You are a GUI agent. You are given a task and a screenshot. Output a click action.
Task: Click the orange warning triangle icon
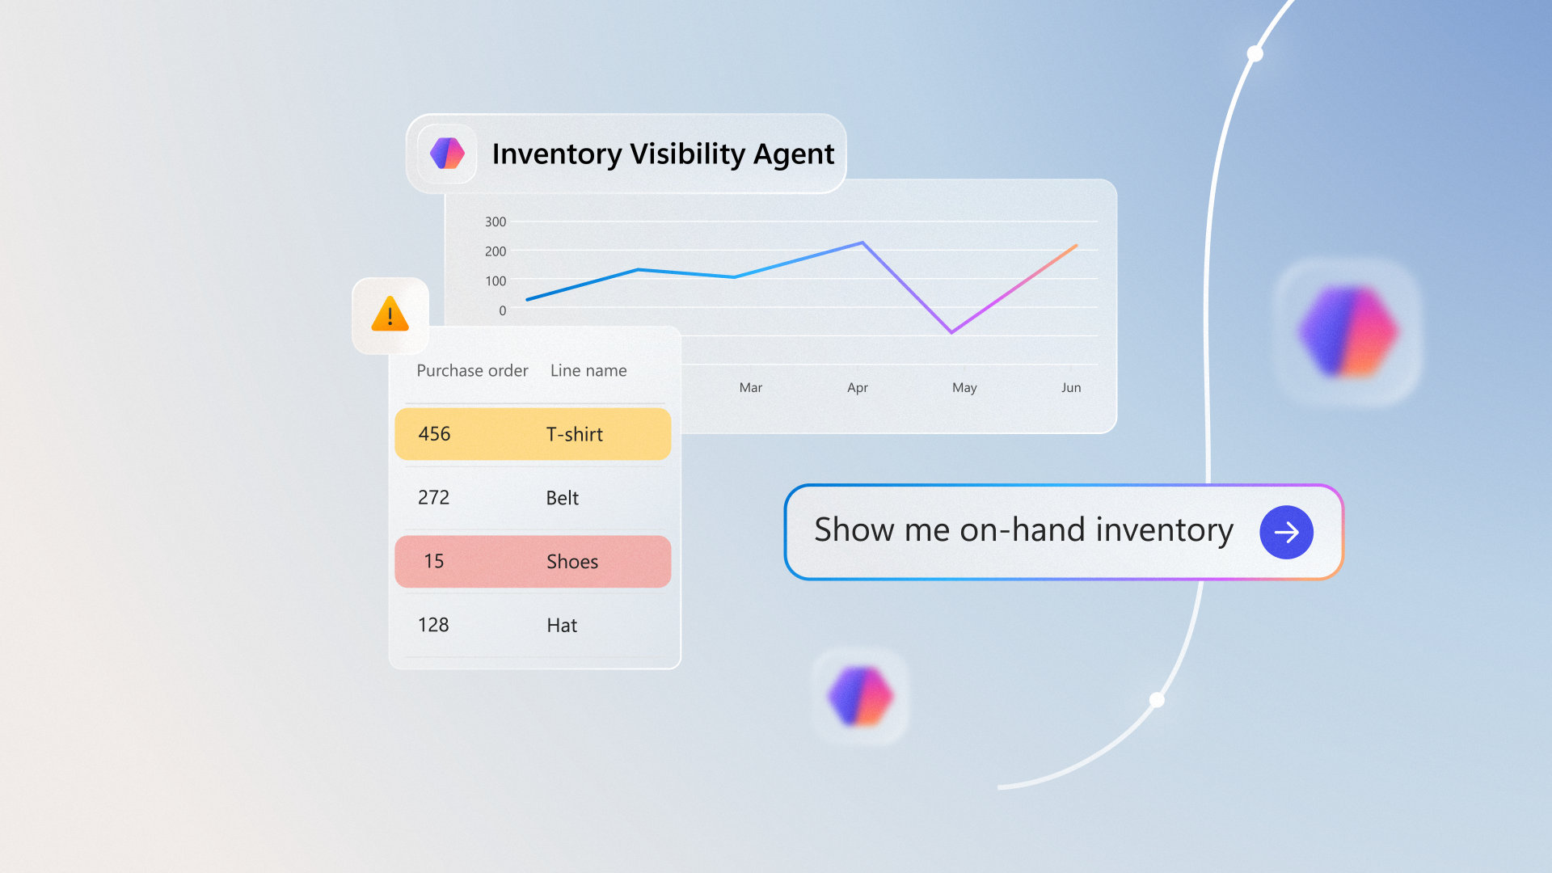[390, 314]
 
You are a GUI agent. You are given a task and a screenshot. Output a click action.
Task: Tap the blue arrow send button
[1286, 532]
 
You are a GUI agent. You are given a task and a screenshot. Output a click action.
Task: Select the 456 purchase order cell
[434, 434]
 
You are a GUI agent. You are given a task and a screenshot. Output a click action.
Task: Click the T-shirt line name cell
[575, 434]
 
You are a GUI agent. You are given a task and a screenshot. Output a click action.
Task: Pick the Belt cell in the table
[563, 498]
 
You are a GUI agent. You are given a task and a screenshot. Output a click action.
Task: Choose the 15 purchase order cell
[434, 561]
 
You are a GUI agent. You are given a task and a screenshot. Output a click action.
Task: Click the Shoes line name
[572, 562]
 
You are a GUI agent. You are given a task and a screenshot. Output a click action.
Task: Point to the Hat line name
[562, 625]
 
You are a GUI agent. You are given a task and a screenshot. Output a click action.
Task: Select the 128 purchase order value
[433, 625]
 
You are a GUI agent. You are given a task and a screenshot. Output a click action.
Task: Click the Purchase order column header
[472, 370]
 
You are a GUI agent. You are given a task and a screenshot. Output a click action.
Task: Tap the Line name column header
[588, 370]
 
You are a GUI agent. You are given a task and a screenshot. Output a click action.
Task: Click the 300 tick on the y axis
[496, 221]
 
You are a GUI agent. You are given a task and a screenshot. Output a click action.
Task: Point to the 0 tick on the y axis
[503, 310]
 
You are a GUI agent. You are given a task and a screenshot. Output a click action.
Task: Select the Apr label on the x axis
[858, 388]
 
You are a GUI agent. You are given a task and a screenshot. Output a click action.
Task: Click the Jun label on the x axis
[1071, 388]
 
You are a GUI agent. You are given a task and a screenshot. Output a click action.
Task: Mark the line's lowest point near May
[951, 332]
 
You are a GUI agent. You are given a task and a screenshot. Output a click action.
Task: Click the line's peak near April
[862, 242]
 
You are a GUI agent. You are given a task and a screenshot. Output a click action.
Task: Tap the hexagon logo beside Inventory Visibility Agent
[447, 153]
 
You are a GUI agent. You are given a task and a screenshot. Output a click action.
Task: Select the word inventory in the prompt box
[1165, 530]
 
